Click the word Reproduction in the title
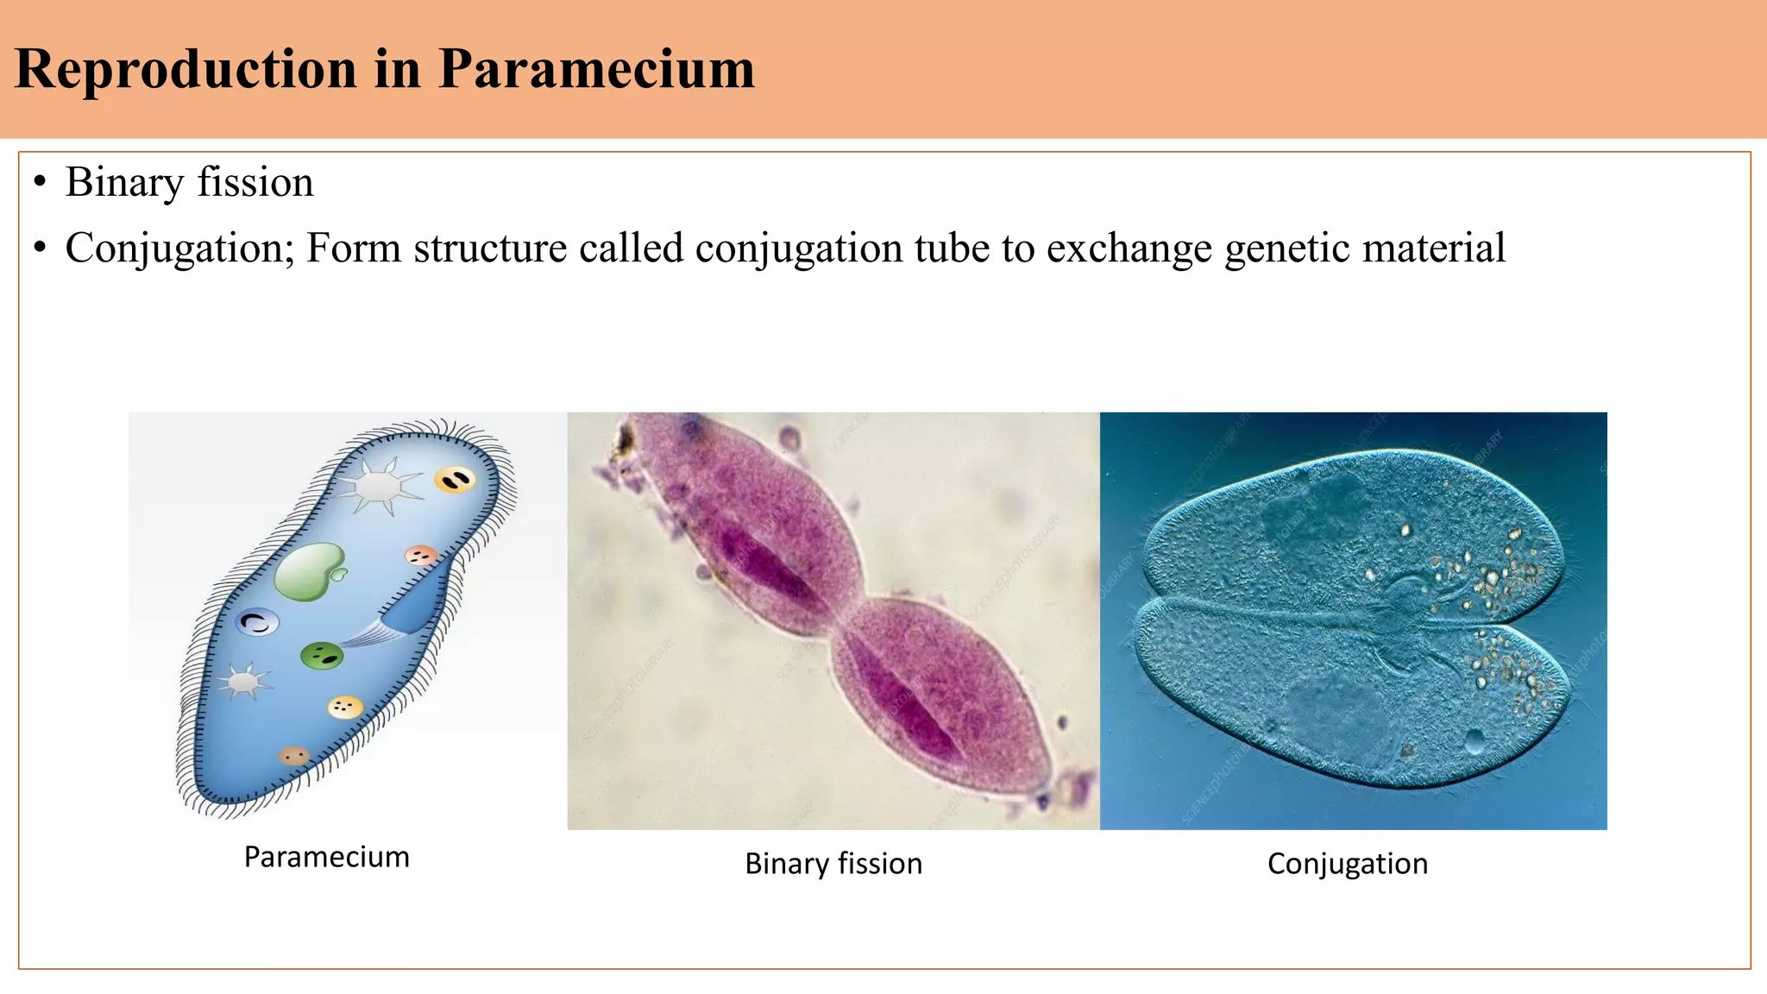click(186, 69)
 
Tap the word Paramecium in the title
click(596, 69)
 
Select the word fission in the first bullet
click(255, 182)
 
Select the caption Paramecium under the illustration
click(326, 857)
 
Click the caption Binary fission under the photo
click(833, 864)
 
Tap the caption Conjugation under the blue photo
click(1347, 864)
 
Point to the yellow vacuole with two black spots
click(455, 479)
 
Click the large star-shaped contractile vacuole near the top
click(377, 486)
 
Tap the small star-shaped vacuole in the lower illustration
click(244, 682)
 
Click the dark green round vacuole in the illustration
click(322, 657)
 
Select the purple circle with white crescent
click(258, 621)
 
